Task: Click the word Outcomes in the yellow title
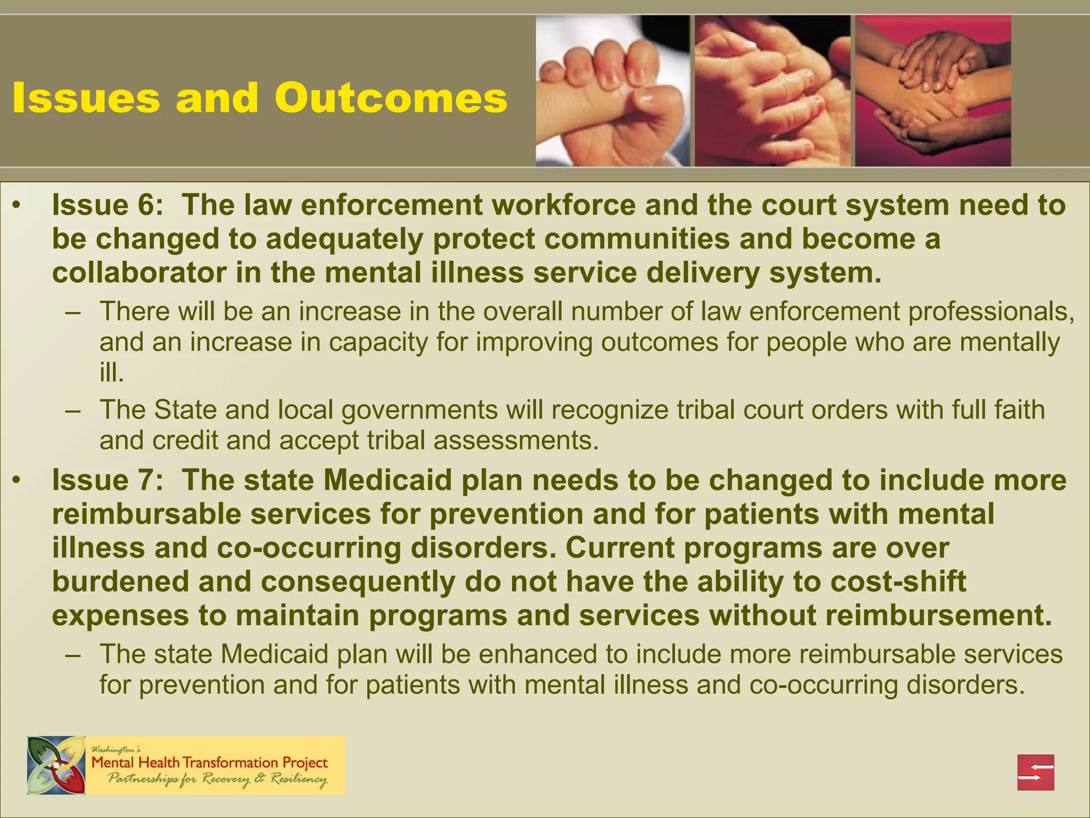tap(391, 99)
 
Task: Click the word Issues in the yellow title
tap(86, 99)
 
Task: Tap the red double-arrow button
tap(1036, 772)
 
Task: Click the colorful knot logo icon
tap(56, 765)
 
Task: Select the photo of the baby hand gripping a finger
tap(612, 91)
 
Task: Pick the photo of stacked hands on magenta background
tap(932, 91)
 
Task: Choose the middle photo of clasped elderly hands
tap(772, 91)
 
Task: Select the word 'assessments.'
tap(516, 440)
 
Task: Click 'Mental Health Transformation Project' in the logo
tap(210, 763)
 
